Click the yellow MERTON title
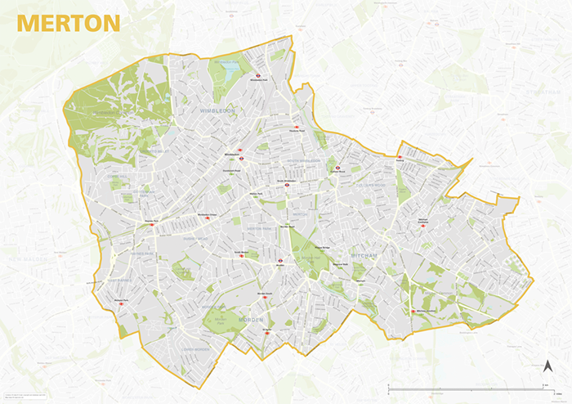(x=68, y=23)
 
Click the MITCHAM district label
(x=364, y=256)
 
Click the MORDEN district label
(x=251, y=317)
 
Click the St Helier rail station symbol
(x=267, y=332)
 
